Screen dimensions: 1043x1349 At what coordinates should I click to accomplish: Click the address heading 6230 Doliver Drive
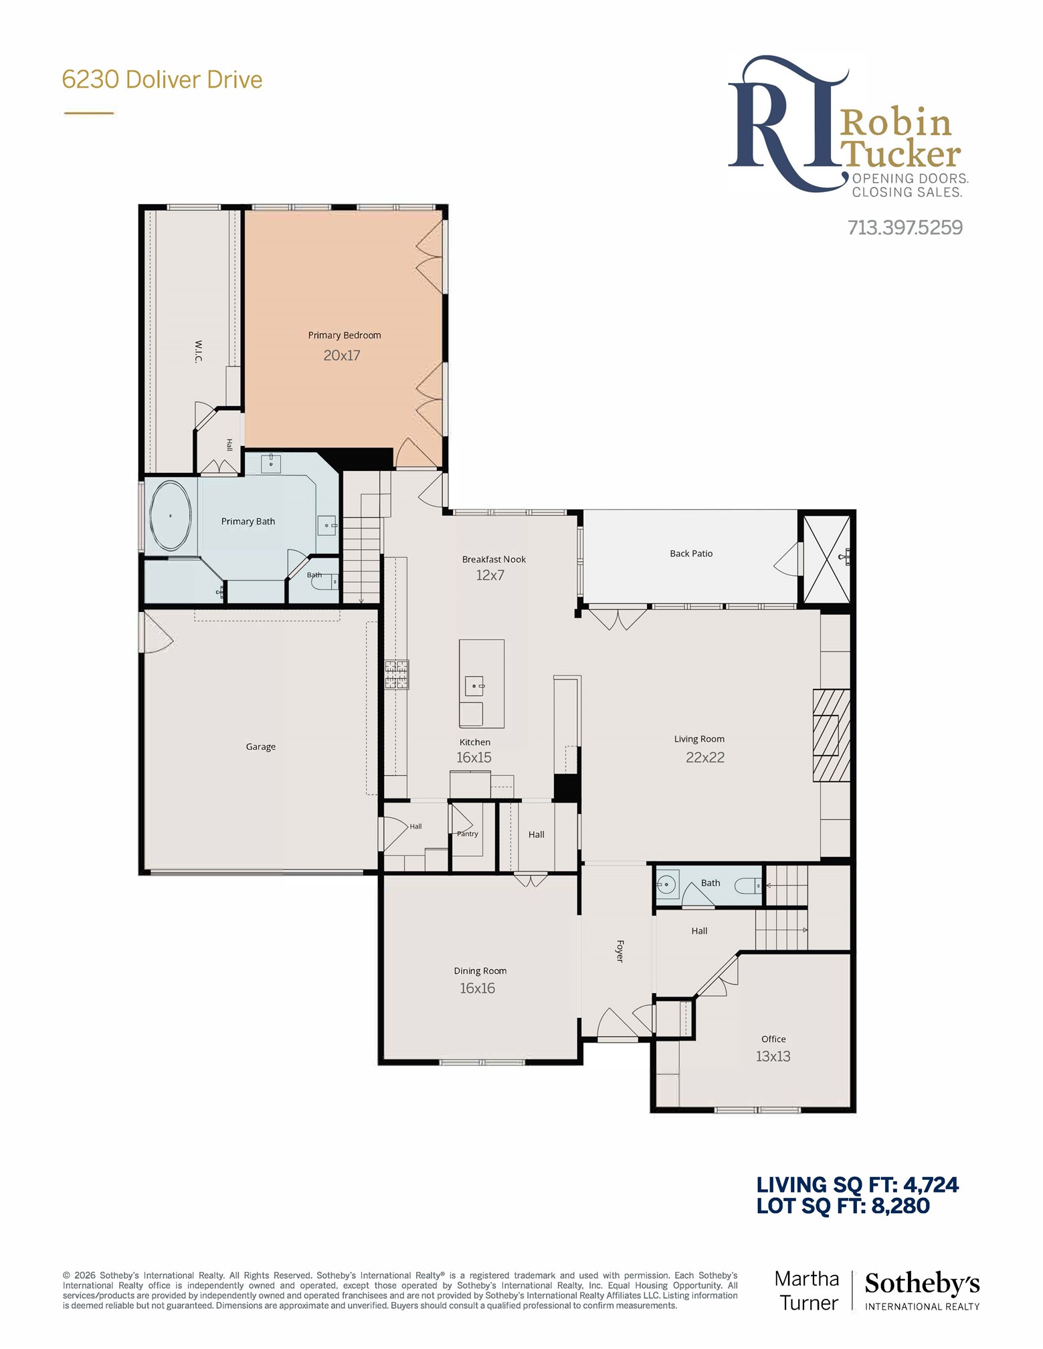click(x=162, y=80)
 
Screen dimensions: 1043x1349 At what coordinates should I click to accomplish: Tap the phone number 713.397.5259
click(x=905, y=227)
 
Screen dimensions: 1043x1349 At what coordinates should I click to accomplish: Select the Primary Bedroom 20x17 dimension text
click(x=342, y=355)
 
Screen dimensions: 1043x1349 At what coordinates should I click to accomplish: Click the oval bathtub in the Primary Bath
click(x=171, y=516)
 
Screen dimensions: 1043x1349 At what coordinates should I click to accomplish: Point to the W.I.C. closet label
click(x=198, y=351)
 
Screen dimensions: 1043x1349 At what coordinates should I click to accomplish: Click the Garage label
click(x=261, y=746)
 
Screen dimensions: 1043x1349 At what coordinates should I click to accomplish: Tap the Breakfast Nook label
click(x=494, y=559)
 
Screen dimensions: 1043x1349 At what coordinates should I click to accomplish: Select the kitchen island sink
click(x=474, y=686)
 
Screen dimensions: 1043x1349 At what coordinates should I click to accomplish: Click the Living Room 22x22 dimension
click(x=705, y=757)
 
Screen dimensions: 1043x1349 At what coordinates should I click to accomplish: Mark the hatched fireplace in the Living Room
click(x=832, y=735)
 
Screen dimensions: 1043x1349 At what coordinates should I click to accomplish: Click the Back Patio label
click(x=691, y=553)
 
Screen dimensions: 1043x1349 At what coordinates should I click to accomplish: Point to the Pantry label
click(x=468, y=834)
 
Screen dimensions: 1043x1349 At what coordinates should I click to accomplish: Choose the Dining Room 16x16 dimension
click(x=477, y=988)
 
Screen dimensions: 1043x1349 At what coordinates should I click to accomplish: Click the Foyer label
click(x=620, y=950)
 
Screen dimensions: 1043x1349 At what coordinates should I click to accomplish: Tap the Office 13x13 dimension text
click(x=773, y=1056)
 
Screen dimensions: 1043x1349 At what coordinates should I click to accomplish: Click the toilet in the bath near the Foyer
click(x=748, y=886)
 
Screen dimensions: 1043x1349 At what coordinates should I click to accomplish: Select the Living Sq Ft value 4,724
click(x=931, y=1184)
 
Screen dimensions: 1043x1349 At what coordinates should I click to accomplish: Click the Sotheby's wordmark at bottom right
click(x=922, y=1283)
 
